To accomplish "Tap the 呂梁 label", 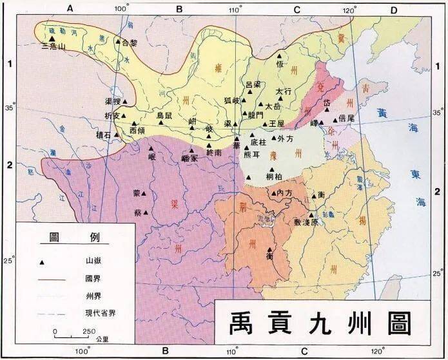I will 255,84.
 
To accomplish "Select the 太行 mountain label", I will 284,91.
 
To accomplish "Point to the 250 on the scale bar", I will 88,332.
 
